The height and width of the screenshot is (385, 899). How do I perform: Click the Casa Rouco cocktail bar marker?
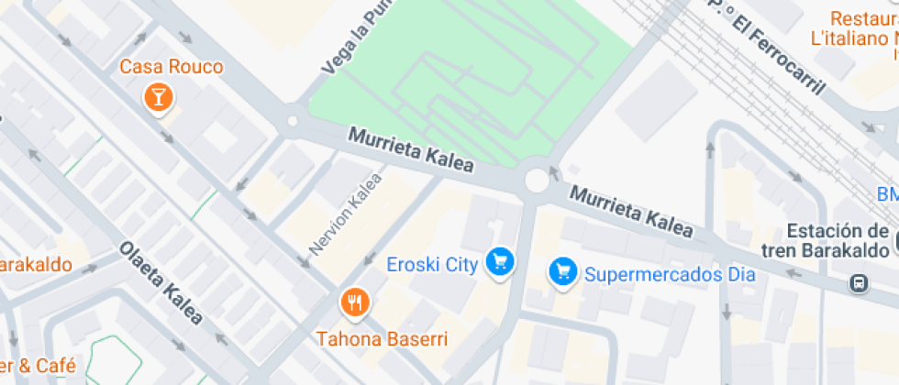coord(160,96)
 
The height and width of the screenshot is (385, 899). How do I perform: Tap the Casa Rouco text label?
coord(160,67)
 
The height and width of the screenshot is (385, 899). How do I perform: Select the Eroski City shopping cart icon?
coord(499,263)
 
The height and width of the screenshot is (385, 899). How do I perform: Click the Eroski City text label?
coord(432,266)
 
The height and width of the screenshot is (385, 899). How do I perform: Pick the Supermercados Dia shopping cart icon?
coord(561,272)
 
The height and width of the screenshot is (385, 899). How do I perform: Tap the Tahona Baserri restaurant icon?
coord(354,301)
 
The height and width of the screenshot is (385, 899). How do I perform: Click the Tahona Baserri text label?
coord(383,339)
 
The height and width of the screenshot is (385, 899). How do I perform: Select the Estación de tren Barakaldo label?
coord(826,241)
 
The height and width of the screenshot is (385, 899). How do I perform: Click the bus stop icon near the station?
coord(860,282)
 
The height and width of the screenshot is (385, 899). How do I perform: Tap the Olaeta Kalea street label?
coord(161,283)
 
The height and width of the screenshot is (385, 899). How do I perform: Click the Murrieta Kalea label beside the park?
coord(410,150)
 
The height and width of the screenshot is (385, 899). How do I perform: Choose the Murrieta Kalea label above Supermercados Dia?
coord(631,212)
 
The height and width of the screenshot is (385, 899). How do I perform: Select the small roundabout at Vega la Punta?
coord(293,120)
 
